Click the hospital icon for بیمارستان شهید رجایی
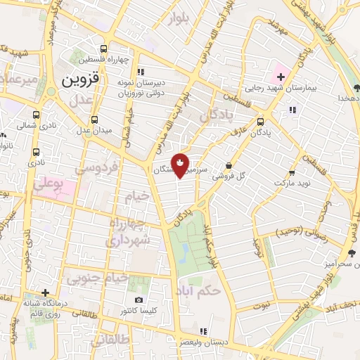click(281, 76)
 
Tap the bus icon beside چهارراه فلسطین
click(104, 49)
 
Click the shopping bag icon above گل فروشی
click(229, 166)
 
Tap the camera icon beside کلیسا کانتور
click(139, 300)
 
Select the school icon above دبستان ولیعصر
click(204, 330)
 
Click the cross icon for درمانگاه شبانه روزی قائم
click(45, 292)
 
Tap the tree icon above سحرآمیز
click(352, 253)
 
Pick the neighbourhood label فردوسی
click(98, 168)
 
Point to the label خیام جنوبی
click(98, 278)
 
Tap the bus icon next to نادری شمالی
click(4, 134)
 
